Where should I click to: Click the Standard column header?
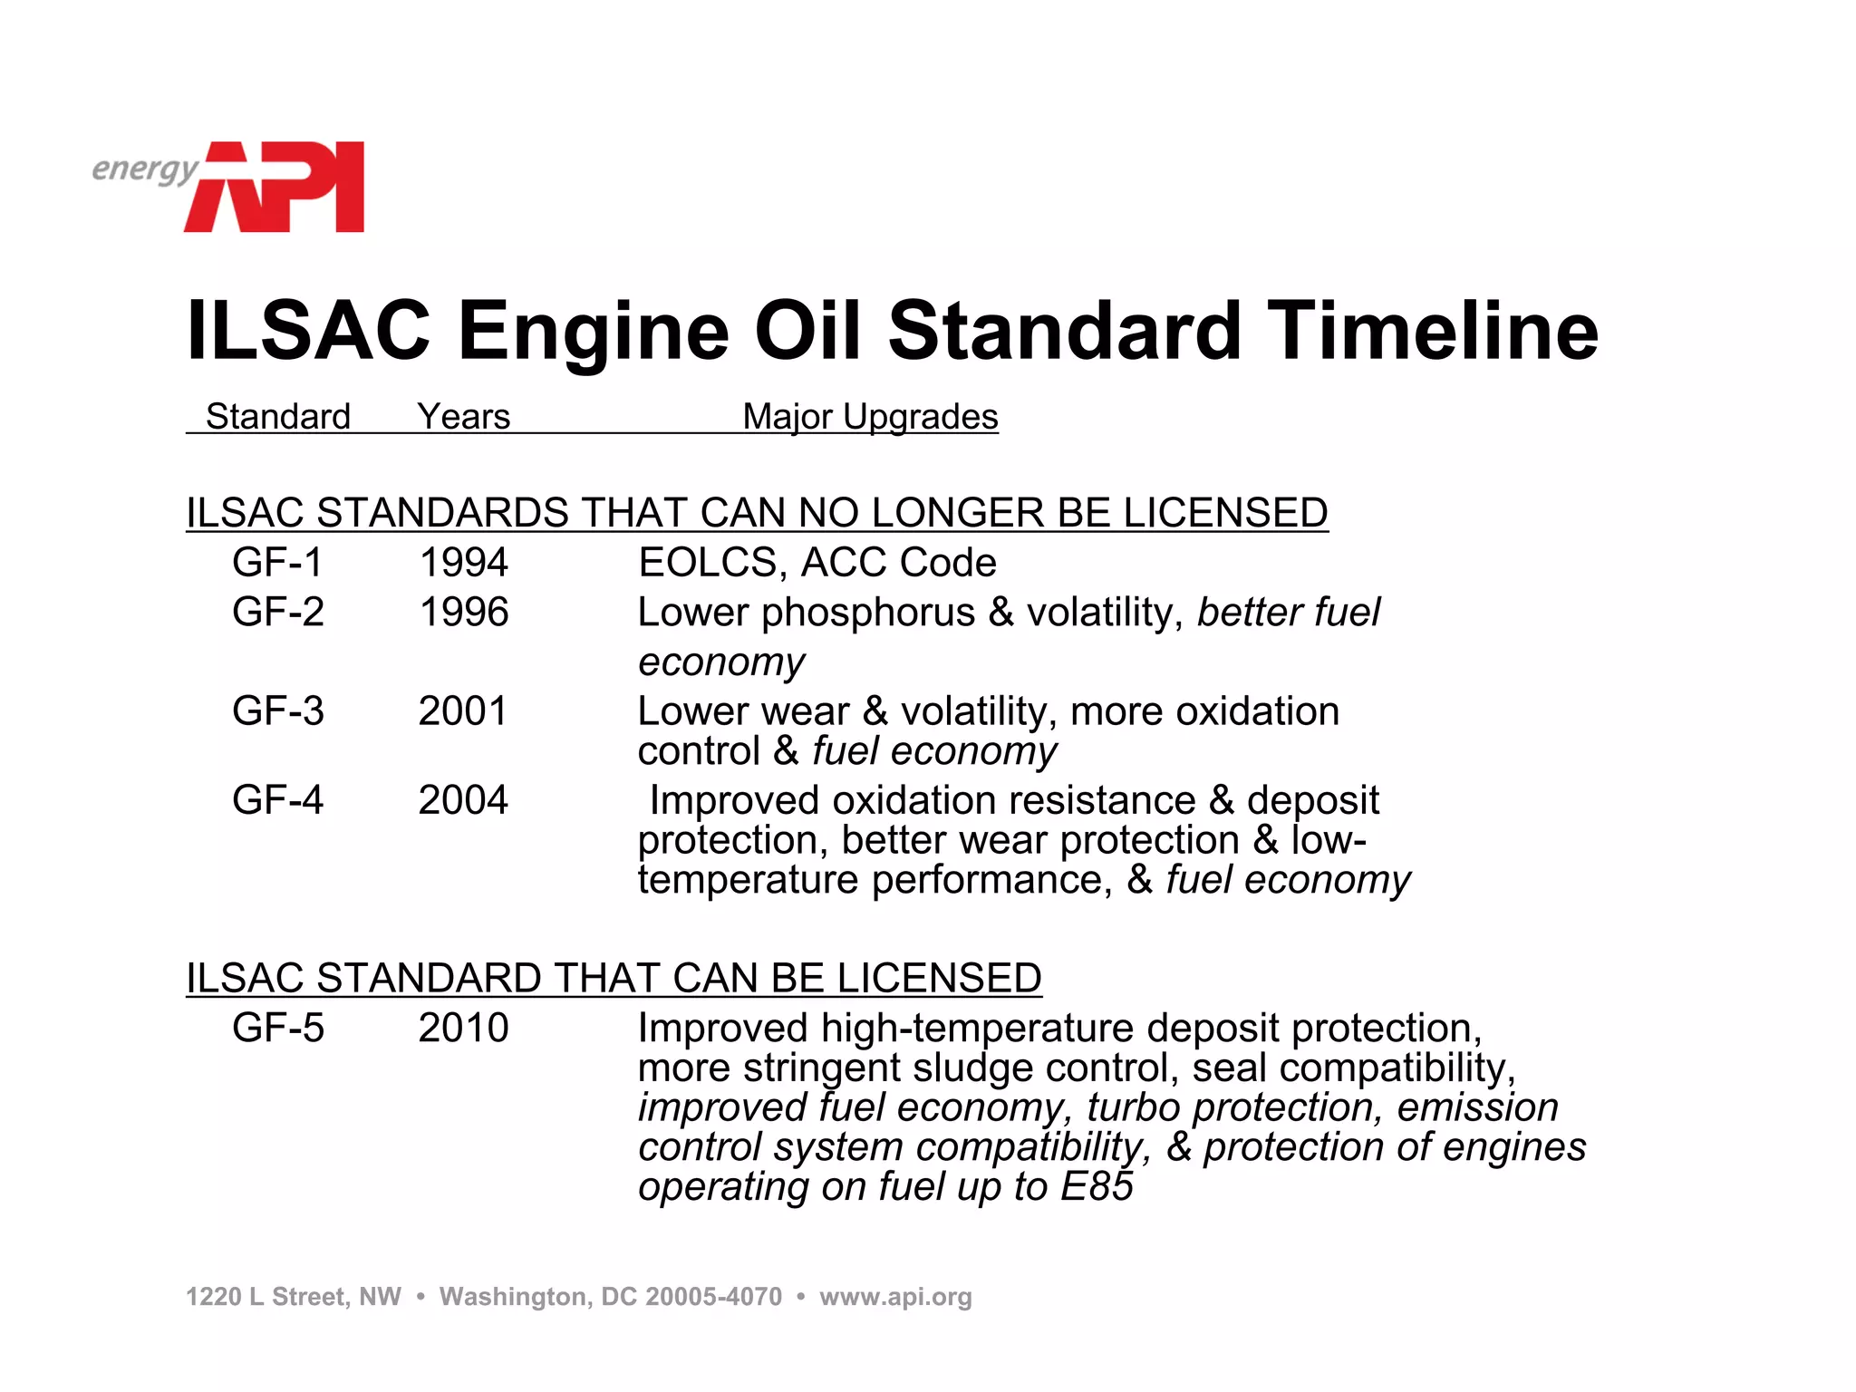click(x=278, y=417)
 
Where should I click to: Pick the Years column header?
click(x=464, y=417)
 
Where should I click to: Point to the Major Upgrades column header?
click(x=870, y=417)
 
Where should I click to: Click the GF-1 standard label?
click(x=277, y=563)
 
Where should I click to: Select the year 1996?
click(x=464, y=613)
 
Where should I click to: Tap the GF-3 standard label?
click(x=277, y=711)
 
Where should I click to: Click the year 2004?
click(x=464, y=800)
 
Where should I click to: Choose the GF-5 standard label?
click(x=277, y=1029)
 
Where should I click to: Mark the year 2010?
click(x=464, y=1029)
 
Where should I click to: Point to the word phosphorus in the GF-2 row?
click(x=868, y=614)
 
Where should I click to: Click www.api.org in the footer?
click(x=895, y=1297)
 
